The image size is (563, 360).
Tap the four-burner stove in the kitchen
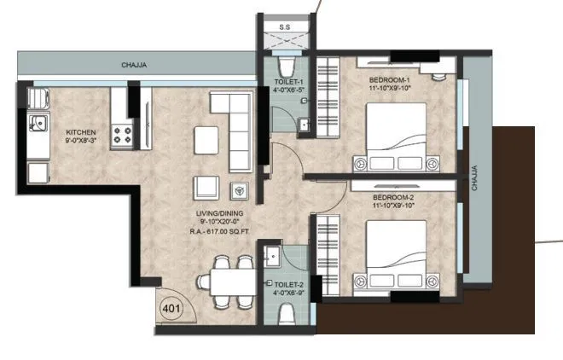(x=123, y=133)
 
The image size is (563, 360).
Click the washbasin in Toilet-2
(x=273, y=257)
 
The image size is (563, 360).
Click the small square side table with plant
(x=241, y=189)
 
